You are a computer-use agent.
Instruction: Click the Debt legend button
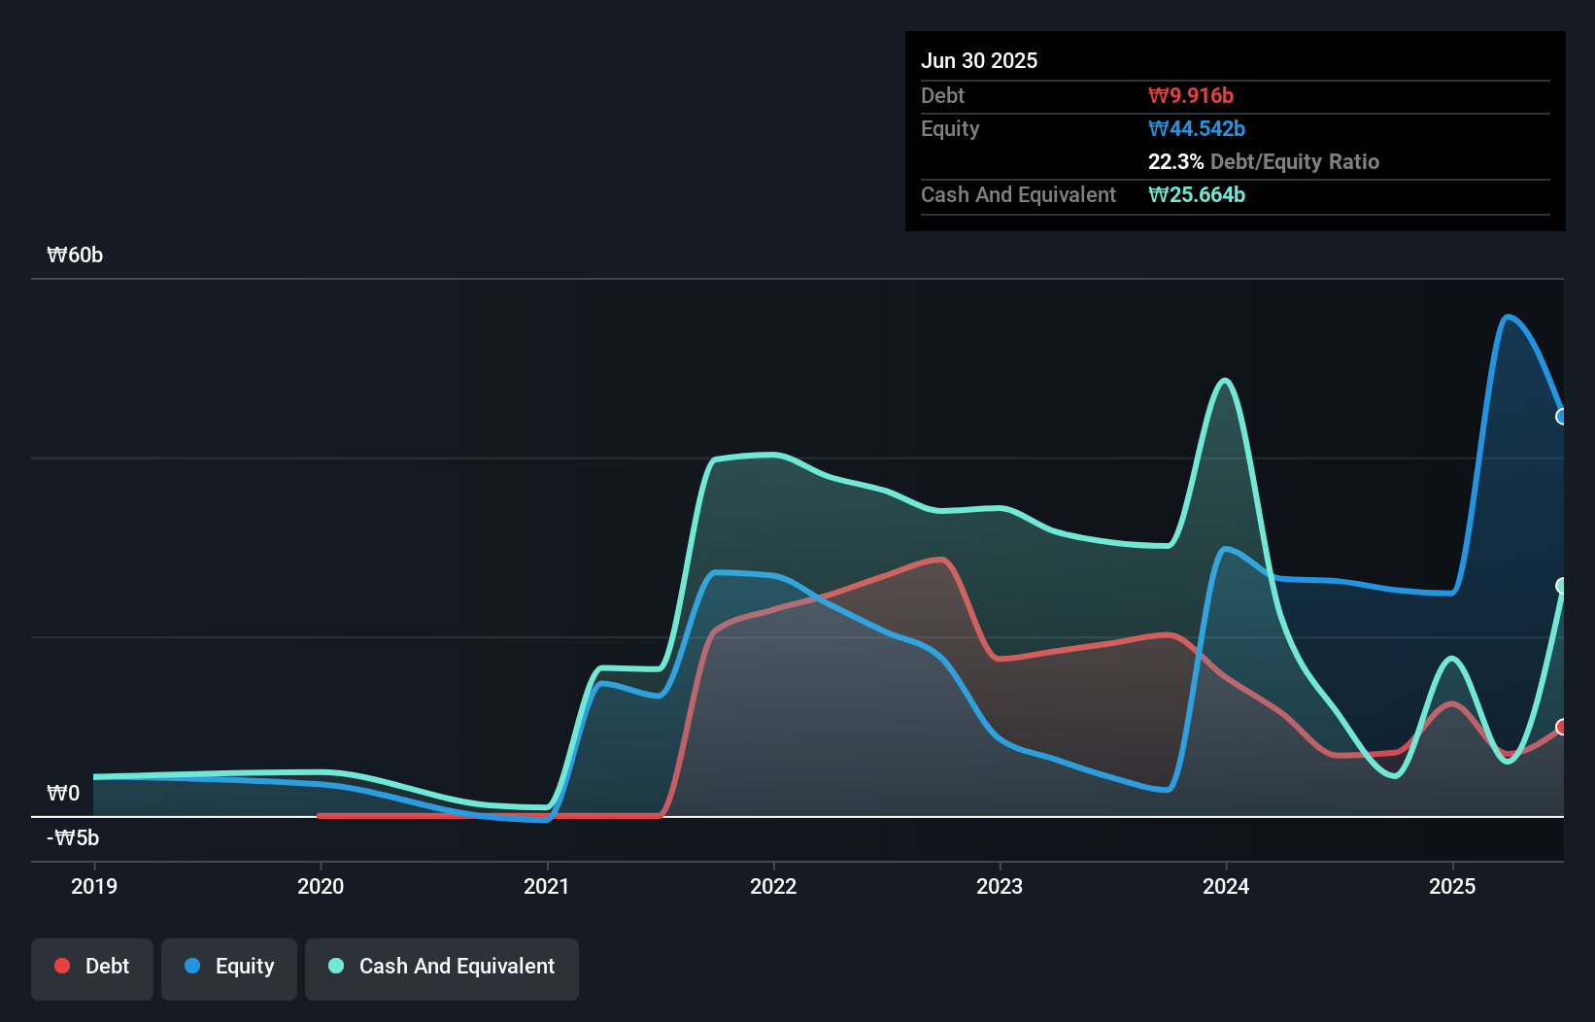pos(92,967)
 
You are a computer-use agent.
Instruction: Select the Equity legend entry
pos(229,967)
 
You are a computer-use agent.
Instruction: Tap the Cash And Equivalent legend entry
pos(442,967)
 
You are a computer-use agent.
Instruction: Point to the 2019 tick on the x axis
pos(94,886)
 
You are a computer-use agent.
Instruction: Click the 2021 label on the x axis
pos(547,886)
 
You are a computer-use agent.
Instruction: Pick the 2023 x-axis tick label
pos(1000,886)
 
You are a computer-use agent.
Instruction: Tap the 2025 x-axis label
pos(1452,886)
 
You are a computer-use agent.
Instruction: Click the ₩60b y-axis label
pos(75,255)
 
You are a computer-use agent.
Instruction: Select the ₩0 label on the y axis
pos(63,794)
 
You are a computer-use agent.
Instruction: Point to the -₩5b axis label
pos(73,837)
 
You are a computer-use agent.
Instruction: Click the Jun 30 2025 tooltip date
pos(979,60)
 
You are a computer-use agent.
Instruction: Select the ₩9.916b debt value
pos(1191,95)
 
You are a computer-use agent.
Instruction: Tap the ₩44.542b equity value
pos(1197,128)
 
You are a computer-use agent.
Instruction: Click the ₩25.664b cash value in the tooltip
pos(1197,194)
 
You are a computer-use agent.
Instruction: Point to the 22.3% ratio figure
pos(1175,161)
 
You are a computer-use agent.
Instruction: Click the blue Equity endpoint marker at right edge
pos(1562,417)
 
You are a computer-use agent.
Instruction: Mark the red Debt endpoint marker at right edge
pos(1562,727)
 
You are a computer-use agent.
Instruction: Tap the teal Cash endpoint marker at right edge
pos(1562,586)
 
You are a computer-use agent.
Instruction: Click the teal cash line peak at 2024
pos(1226,381)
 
